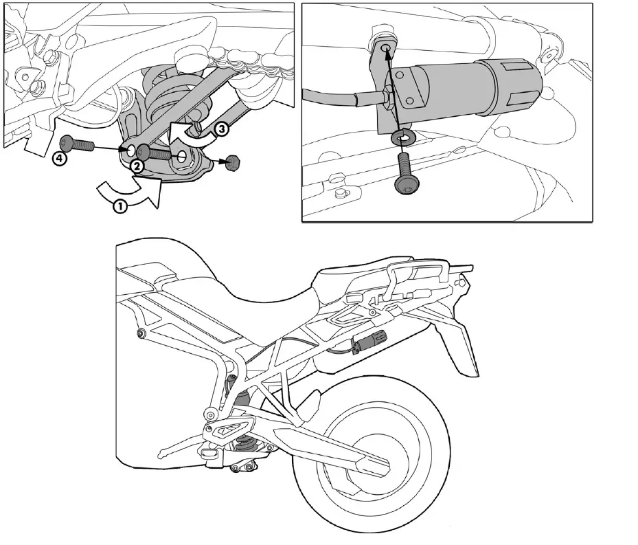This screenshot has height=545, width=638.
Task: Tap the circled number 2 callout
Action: (136, 166)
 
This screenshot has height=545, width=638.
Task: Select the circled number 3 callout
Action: (220, 129)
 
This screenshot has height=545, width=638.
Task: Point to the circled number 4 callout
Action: (60, 159)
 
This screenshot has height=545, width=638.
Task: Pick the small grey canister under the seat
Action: (376, 338)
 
